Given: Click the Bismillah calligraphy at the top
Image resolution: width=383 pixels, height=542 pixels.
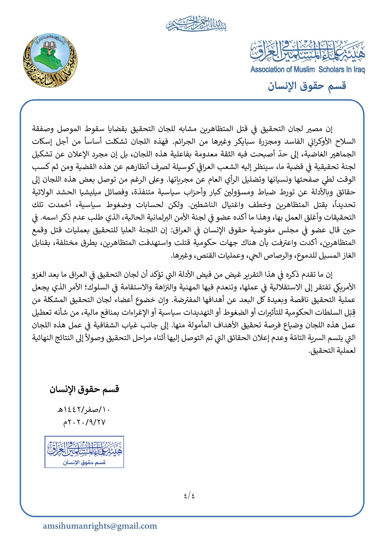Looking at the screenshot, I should point(196,24).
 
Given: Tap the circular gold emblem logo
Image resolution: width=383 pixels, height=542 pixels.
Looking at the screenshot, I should point(50,60).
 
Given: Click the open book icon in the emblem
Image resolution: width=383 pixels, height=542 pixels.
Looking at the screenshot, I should point(49,46).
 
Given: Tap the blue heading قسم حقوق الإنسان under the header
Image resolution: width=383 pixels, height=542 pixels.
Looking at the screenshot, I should point(307,86).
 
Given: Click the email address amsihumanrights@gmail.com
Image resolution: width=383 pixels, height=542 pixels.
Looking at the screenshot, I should point(100,526).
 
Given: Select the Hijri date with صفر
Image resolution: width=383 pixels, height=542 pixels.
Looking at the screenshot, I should point(84,410).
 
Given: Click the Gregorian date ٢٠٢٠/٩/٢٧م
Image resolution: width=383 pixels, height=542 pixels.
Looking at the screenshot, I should point(84,422).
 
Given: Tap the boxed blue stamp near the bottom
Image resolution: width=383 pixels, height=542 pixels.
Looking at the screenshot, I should point(84,451).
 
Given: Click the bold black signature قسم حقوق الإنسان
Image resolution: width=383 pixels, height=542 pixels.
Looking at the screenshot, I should point(84,389).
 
